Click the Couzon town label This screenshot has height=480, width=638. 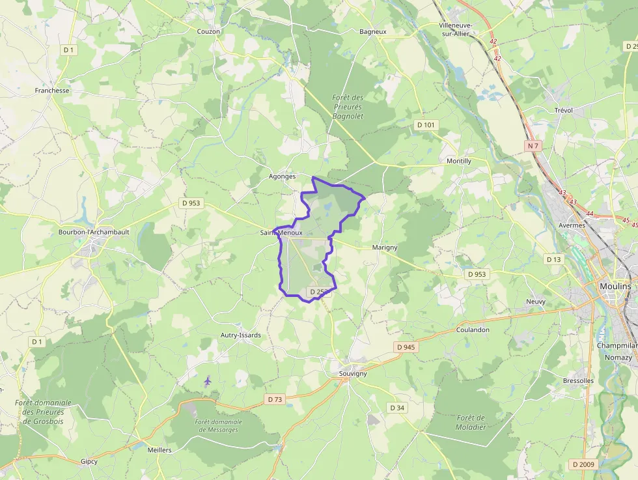coord(208,31)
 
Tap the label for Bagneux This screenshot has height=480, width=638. coord(373,31)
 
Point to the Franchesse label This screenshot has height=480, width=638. coord(52,91)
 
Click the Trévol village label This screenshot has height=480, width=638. coord(563,110)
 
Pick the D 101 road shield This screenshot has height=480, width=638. coord(425,124)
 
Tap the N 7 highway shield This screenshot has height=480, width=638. coord(534,146)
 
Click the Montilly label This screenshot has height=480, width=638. coord(459,161)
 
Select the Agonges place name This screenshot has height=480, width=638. coord(282,176)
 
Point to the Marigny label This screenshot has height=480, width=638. coord(384,247)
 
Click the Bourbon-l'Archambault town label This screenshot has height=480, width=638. coord(94,232)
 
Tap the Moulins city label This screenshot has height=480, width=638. coord(615,287)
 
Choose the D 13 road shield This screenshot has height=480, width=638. coord(553,259)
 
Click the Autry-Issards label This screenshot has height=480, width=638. coord(240,335)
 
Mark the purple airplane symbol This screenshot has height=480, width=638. coord(208,381)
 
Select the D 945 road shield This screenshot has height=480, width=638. coord(405,347)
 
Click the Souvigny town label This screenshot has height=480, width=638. coord(353,373)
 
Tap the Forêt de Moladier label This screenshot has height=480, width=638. coord(471,422)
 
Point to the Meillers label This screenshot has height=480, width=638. coord(159,450)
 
